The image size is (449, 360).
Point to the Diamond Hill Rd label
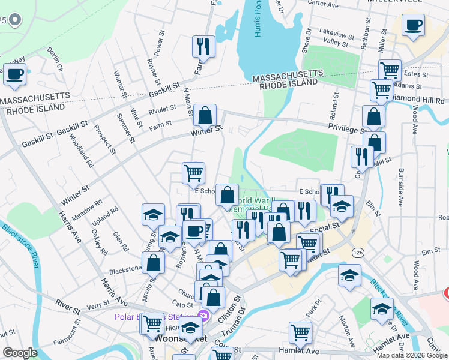tap(423, 100)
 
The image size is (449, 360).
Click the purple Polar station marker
tap(203, 316)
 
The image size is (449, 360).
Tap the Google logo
tap(20, 352)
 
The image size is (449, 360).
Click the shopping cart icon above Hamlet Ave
tap(300, 331)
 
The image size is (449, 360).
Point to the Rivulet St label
tap(163, 110)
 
